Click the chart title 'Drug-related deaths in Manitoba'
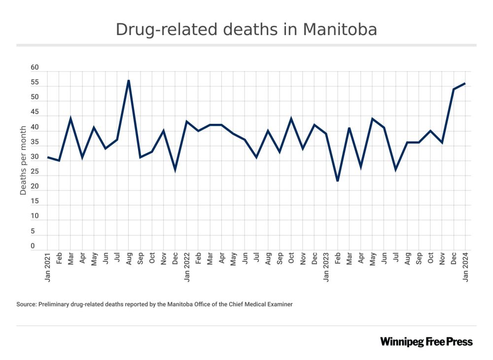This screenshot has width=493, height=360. click(246, 30)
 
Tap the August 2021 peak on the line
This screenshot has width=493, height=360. click(129, 80)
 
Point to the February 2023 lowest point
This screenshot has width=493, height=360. click(338, 181)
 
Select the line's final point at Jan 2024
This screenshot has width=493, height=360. click(465, 83)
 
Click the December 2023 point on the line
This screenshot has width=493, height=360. click(454, 89)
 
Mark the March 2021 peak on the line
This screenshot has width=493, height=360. click(70, 118)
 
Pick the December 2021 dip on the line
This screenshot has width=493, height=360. click(175, 170)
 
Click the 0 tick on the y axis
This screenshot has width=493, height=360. click(33, 246)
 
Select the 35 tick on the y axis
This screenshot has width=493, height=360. click(35, 142)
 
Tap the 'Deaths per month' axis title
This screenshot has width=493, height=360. click(23, 160)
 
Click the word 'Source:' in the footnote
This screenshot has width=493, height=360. click(27, 305)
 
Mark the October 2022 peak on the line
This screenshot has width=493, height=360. click(291, 118)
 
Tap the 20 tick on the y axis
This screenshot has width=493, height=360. click(35, 187)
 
